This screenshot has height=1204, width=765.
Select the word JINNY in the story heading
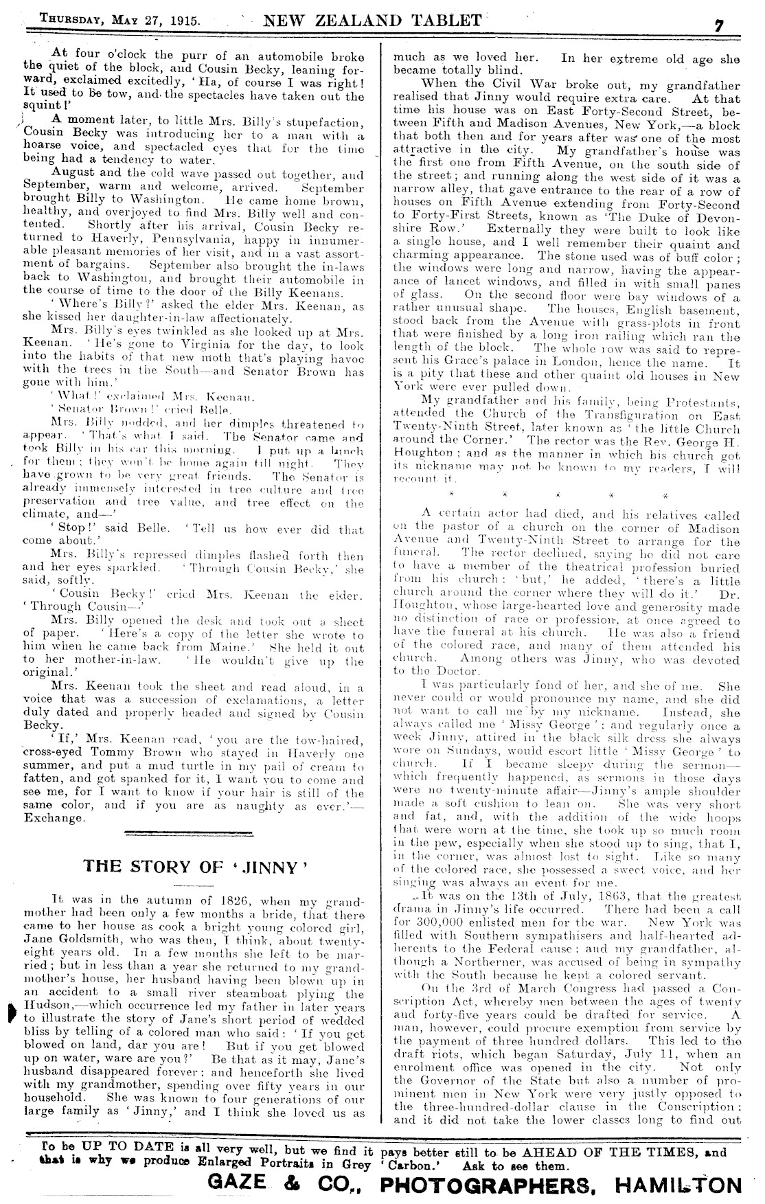pos(270,867)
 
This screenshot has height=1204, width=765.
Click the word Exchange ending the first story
pos(54,819)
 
